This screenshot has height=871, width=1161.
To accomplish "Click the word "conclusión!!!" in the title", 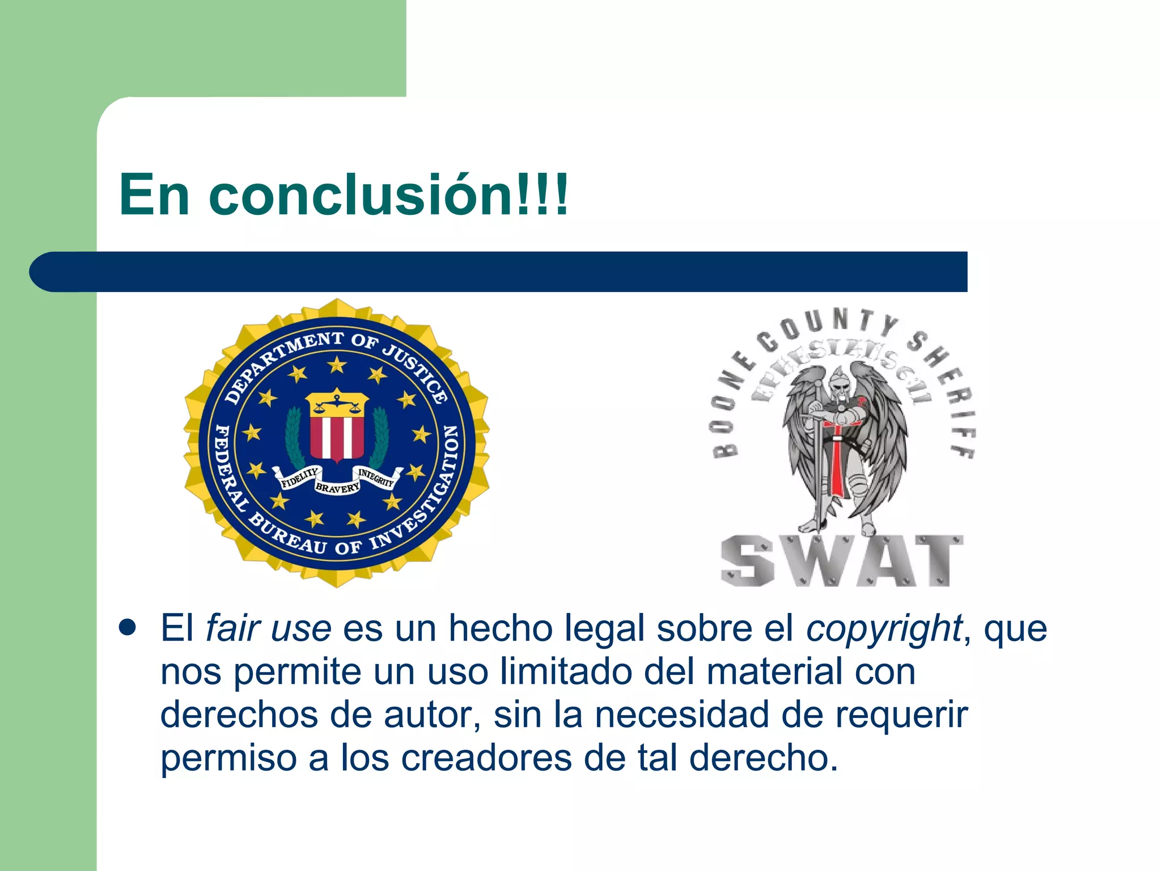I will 388,195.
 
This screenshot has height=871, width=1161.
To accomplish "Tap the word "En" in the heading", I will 154,195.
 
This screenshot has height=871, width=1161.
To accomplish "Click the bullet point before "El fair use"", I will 128,628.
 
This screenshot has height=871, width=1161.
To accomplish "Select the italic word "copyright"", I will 884,629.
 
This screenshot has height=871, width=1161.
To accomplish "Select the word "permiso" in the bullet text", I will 228,759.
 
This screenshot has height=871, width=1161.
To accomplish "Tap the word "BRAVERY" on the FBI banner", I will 337,487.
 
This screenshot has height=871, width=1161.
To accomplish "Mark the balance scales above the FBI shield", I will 337,403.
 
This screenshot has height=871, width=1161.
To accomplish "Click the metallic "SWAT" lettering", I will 841,560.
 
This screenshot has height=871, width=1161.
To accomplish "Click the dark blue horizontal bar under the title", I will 499,272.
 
